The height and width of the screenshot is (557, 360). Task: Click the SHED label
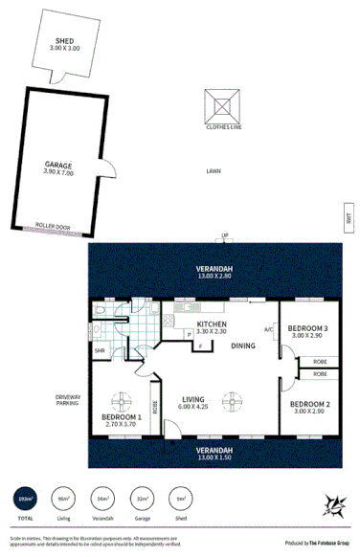click(x=65, y=42)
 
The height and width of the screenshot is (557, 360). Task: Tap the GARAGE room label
click(x=59, y=165)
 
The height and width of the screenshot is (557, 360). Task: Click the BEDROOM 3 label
click(x=310, y=328)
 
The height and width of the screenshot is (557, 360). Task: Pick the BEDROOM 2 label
click(x=310, y=404)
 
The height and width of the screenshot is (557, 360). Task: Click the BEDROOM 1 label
click(x=122, y=416)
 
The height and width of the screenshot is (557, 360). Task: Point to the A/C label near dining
click(x=270, y=330)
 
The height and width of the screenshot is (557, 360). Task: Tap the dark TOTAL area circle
click(x=22, y=501)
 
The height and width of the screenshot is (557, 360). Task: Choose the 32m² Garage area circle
click(x=141, y=501)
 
